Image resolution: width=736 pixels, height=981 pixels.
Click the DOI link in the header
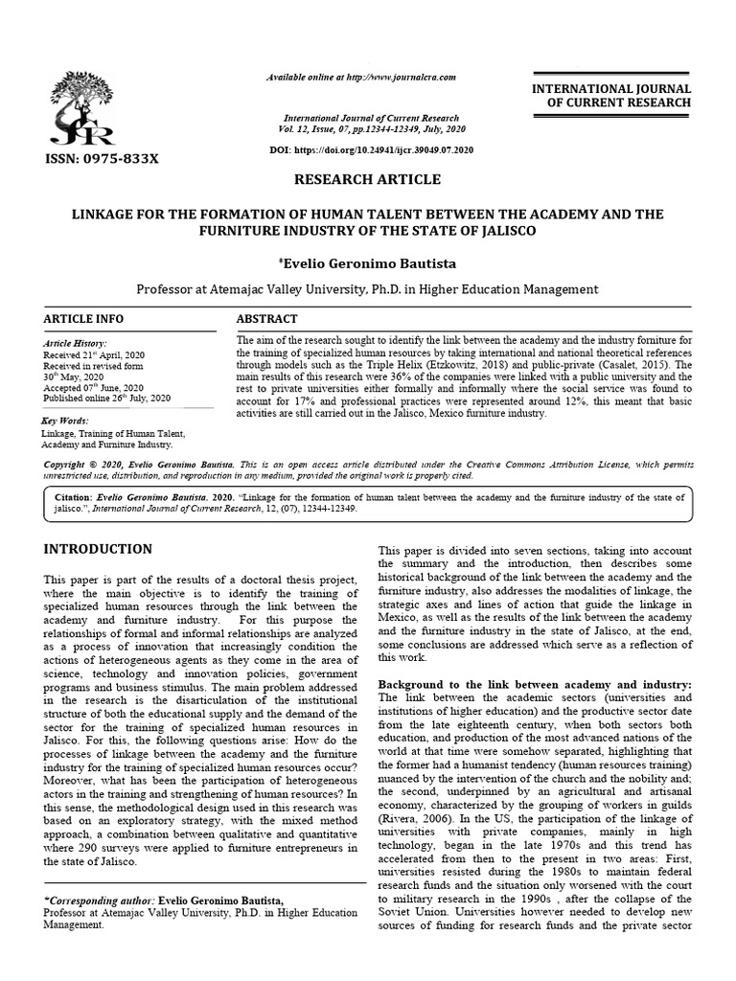[372, 151]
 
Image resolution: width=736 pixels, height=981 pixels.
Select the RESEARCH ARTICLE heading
[367, 180]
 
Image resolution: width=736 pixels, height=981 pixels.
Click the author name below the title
[369, 262]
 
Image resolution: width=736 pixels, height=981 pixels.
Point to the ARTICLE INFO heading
[83, 319]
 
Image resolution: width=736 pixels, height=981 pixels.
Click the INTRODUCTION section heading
[98, 549]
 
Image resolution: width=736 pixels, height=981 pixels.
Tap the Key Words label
[65, 421]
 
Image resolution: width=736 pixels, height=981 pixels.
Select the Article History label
[76, 342]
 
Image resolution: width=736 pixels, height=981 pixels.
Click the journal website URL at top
[361, 77]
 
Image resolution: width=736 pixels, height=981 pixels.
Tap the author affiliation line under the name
[367, 288]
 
